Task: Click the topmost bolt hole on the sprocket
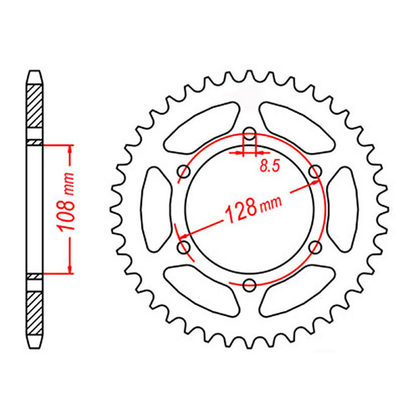(x=249, y=135)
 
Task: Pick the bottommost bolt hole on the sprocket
(x=249, y=286)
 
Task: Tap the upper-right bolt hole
(x=314, y=173)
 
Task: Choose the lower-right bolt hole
(x=314, y=247)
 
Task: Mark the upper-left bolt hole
(x=184, y=173)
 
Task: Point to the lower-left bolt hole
(x=184, y=247)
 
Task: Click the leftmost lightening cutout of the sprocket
(x=156, y=210)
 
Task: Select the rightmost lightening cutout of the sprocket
(x=342, y=210)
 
